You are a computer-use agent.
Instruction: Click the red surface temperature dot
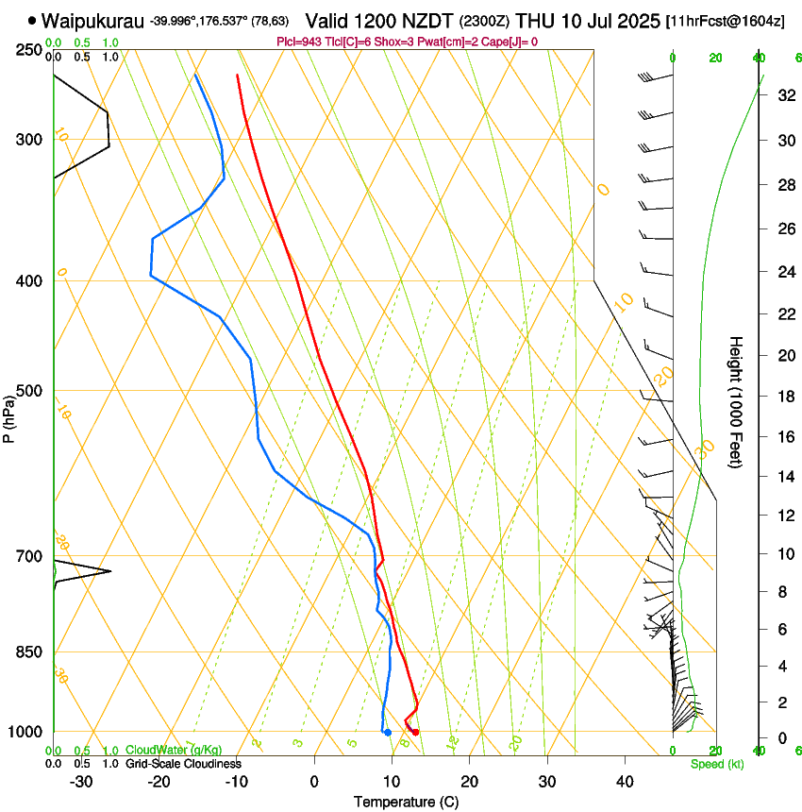[x=415, y=732]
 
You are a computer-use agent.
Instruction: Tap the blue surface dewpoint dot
[x=388, y=733]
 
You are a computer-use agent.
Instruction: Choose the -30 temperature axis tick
[x=81, y=782]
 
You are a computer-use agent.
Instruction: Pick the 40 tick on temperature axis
[x=625, y=782]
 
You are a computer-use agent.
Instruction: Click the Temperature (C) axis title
[x=406, y=802]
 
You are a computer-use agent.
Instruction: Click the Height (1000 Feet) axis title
[x=736, y=402]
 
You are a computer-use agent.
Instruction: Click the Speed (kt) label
[x=716, y=764]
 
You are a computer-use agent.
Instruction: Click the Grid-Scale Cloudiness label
[x=182, y=764]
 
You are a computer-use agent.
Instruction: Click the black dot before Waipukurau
[x=32, y=19]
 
